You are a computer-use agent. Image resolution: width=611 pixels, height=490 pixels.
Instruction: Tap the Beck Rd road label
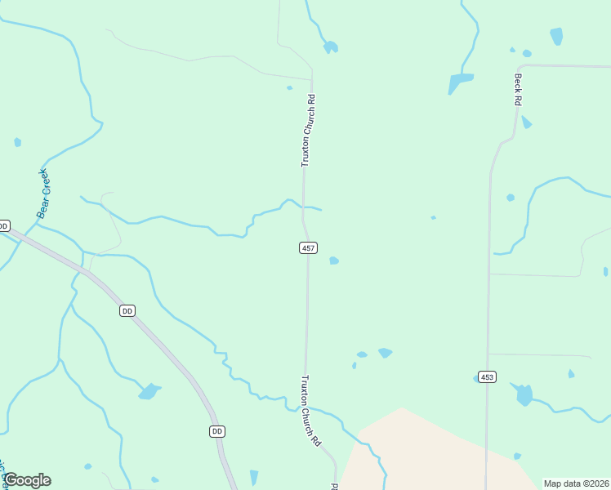[x=517, y=89]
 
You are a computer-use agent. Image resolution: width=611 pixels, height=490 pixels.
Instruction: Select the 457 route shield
[x=308, y=247]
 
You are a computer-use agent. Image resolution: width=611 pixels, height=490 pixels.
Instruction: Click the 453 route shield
[x=488, y=376]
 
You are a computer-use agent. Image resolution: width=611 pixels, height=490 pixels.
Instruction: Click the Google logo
[x=27, y=480]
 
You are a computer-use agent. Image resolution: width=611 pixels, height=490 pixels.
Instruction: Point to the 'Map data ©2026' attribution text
[x=576, y=483]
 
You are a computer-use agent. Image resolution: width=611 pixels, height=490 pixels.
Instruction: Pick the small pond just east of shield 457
[x=333, y=261]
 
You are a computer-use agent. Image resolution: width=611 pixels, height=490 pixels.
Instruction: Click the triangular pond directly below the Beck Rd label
[x=526, y=122]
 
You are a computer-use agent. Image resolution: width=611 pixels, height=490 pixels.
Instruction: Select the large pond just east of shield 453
[x=524, y=394]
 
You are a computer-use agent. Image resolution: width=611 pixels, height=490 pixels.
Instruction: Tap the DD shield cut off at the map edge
[x=3, y=225]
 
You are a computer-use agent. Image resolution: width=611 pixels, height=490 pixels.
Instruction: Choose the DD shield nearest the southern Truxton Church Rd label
[x=216, y=430]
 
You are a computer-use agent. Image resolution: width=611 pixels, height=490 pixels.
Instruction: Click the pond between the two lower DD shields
[x=149, y=392]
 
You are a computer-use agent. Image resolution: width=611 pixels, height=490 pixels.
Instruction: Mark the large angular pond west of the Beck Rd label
[x=459, y=82]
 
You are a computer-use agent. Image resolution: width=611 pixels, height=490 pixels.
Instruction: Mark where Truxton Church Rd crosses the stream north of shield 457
[x=304, y=205]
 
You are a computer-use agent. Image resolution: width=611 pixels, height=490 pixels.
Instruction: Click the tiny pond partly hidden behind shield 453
[x=476, y=378]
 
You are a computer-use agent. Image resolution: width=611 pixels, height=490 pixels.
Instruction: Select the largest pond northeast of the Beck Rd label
[x=556, y=36]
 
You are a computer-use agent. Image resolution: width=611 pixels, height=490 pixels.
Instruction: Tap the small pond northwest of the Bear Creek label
[x=17, y=142]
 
